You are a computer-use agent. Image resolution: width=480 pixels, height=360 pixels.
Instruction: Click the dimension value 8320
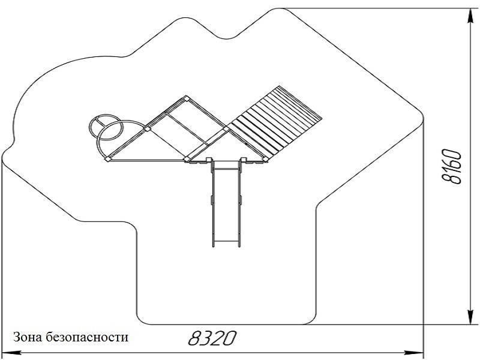(210, 338)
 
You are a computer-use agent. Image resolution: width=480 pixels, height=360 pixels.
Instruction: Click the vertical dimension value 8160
(451, 167)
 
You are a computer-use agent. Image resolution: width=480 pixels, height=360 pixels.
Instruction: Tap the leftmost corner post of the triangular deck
(106, 160)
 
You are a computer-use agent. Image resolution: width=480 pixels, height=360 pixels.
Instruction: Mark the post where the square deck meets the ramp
(227, 128)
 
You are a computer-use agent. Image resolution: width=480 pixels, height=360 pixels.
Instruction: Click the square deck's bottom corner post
(187, 159)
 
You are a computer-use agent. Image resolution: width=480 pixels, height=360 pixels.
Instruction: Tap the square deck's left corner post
(147, 128)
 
